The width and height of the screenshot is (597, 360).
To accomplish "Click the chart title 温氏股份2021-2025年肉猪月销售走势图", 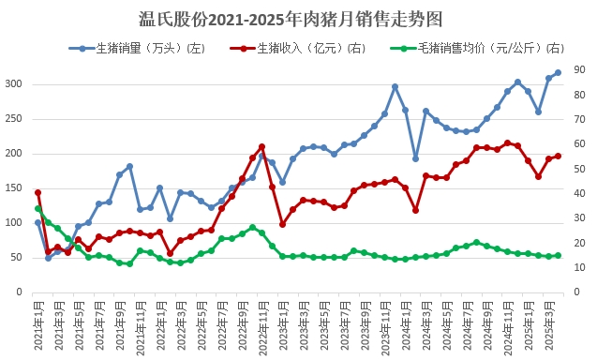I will click(x=297, y=19).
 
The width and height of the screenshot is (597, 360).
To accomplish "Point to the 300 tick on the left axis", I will click(x=12, y=84).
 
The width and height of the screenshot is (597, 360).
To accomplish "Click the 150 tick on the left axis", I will click(x=12, y=188).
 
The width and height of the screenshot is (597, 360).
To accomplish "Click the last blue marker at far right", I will click(x=559, y=72).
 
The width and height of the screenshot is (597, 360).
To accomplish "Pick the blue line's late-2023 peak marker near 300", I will click(x=395, y=86).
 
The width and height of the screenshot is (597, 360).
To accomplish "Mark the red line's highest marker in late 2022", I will click(x=261, y=146).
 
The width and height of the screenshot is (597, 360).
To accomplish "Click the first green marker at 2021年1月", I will click(x=38, y=209).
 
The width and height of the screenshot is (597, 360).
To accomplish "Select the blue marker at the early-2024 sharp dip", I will click(x=415, y=158).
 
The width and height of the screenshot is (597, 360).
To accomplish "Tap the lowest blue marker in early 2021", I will click(x=49, y=258).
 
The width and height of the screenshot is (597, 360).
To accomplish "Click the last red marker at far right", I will click(x=559, y=156).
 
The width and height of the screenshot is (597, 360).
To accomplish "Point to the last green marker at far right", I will click(x=559, y=255).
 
